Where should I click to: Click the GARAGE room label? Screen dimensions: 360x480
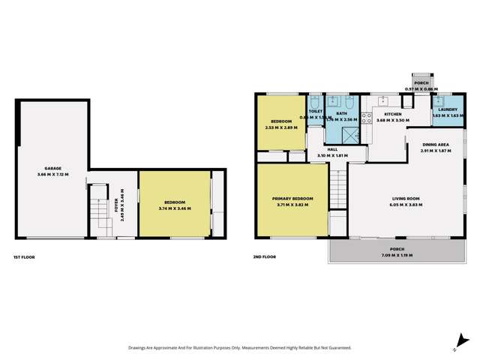[x=52, y=168]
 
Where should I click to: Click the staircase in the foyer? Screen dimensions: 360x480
[x=98, y=211]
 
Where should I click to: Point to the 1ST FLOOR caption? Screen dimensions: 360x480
[x=24, y=257]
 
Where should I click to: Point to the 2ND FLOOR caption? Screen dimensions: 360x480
[x=264, y=257]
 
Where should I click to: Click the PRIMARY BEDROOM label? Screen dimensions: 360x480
[x=292, y=198]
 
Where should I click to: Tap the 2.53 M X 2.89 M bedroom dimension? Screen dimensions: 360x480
[x=281, y=127]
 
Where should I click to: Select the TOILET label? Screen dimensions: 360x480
[x=315, y=111]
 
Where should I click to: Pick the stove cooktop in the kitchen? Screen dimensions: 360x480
[x=367, y=116]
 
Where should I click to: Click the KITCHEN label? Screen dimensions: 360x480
[x=393, y=114]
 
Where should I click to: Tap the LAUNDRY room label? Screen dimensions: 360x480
[x=448, y=110]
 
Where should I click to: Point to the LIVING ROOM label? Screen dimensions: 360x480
[x=406, y=199]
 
